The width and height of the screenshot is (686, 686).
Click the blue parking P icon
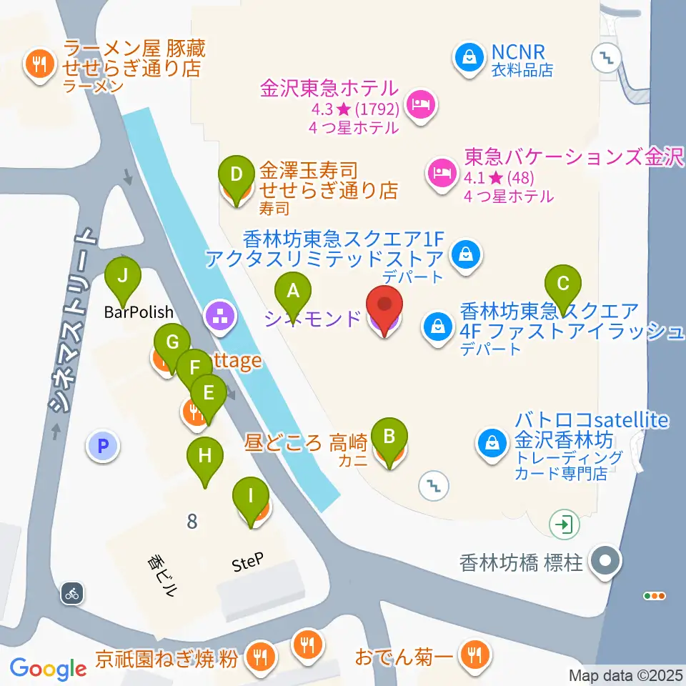102,447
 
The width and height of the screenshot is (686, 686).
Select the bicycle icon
72,592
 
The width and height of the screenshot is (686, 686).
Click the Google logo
48,669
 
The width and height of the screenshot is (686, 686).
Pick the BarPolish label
139,312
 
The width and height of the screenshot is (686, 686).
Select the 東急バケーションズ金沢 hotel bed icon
439,171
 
